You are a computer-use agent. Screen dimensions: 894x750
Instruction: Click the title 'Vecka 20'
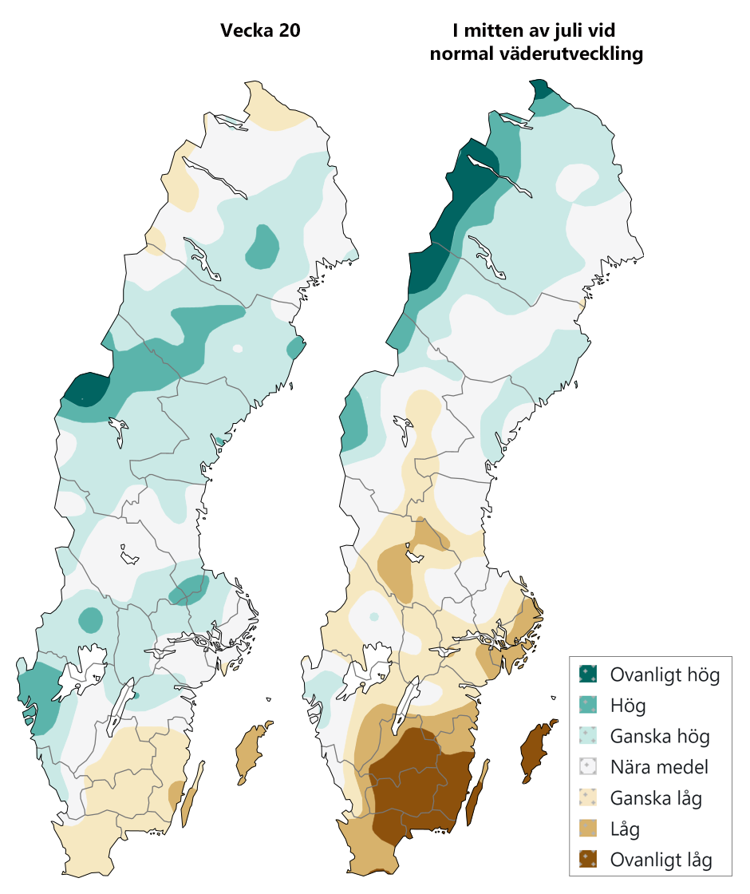pyautogui.click(x=260, y=32)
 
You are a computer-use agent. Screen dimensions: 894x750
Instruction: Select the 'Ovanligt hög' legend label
pyautogui.click(x=665, y=674)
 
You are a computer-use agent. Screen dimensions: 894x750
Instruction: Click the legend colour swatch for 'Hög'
pyautogui.click(x=589, y=706)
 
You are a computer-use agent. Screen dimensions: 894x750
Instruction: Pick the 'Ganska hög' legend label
pyautogui.click(x=659, y=736)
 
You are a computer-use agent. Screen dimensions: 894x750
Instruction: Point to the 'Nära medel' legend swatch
pyautogui.click(x=589, y=767)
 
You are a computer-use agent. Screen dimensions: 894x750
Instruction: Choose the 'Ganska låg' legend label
pyautogui.click(x=656, y=798)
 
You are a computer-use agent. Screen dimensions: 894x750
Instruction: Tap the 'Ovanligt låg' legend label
pyautogui.click(x=661, y=860)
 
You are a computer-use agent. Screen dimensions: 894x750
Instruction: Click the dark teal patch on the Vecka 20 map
pyautogui.click(x=84, y=388)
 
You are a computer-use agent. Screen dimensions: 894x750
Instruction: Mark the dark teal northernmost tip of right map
pyautogui.click(x=539, y=87)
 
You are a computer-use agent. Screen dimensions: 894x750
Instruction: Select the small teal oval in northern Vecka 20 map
pyautogui.click(x=262, y=247)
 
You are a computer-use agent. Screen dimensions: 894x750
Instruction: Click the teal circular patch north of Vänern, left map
pyautogui.click(x=91, y=619)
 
